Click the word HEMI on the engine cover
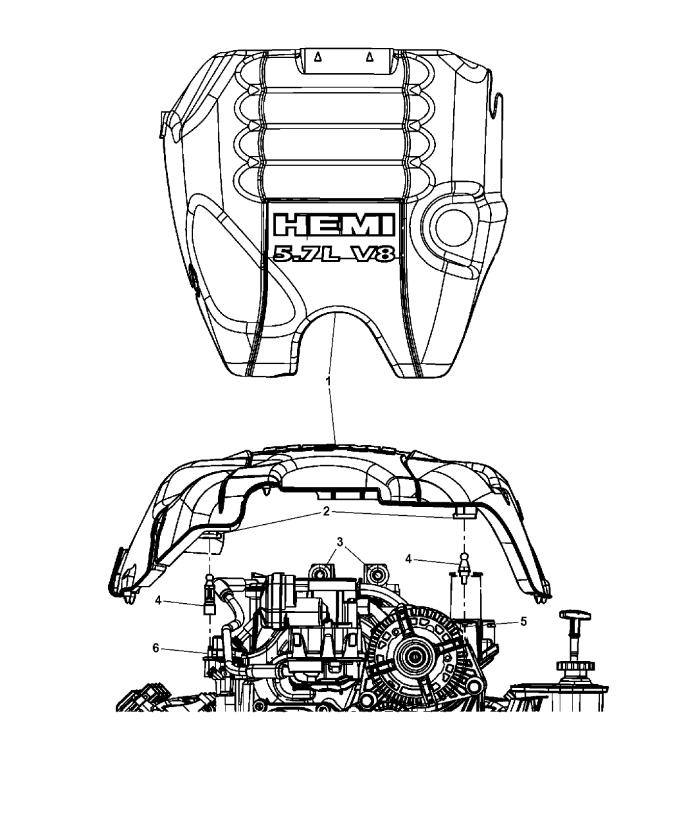click(x=333, y=225)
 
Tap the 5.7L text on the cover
click(x=301, y=254)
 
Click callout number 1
click(x=328, y=382)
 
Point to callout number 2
click(x=326, y=493)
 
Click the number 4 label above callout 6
click(x=157, y=602)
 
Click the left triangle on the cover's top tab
click(x=318, y=57)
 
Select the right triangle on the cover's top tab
click(x=369, y=57)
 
